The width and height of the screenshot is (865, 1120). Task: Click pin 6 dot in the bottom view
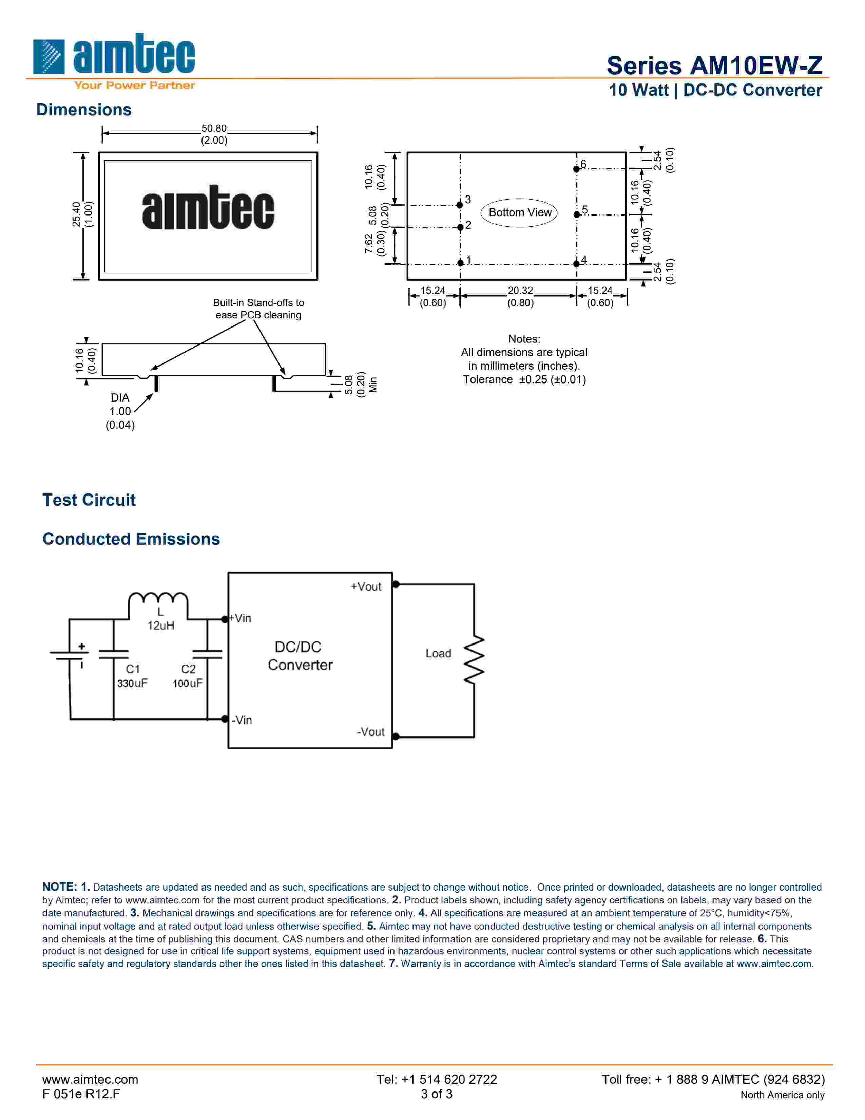tap(576, 169)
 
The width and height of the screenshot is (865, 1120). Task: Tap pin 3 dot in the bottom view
tap(460, 205)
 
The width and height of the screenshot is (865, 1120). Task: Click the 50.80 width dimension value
tap(214, 128)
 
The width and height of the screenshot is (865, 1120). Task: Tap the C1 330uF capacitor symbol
tap(113, 654)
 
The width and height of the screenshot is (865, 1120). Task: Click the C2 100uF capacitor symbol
tap(207, 654)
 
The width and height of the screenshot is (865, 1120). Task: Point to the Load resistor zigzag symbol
tap(474, 660)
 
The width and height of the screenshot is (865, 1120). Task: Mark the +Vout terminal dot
tap(396, 584)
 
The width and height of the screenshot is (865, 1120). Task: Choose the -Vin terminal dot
tap(225, 719)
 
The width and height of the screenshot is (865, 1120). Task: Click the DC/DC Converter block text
tap(300, 656)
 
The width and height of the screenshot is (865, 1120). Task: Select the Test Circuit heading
tap(89, 500)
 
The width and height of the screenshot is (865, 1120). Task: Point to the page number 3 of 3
tap(437, 1094)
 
